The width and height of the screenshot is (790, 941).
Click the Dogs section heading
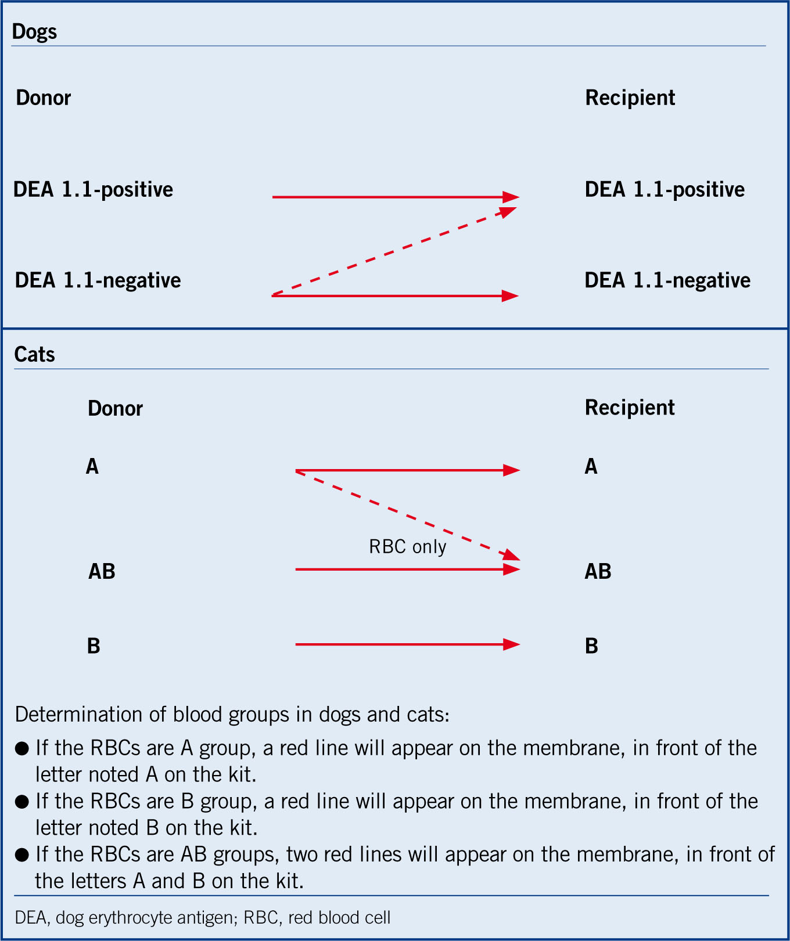pos(34,31)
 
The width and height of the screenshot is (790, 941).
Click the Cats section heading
pos(34,354)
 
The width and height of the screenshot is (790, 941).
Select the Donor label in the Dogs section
pos(44,98)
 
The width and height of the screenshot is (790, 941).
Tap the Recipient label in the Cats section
pos(630,408)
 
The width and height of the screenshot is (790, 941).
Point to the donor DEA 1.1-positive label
pos(93,189)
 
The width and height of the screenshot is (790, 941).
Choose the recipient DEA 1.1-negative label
pos(667,280)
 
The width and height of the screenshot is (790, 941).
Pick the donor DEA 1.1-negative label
pos(98,280)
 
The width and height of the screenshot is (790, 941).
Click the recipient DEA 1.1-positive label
pos(665,189)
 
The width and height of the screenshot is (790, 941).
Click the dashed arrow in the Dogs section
pos(394,251)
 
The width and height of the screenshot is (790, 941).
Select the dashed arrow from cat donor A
pos(408,515)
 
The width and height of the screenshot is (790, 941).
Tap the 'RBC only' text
pos(408,547)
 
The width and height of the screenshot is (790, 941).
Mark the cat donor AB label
pos(102,571)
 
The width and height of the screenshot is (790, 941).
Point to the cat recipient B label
pos(591,646)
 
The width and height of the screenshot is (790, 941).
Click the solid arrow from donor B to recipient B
pos(408,644)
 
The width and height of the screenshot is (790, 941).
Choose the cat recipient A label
pos(591,466)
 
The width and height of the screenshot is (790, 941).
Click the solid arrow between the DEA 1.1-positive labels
pos(396,197)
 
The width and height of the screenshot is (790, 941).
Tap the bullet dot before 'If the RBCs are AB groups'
pos(22,855)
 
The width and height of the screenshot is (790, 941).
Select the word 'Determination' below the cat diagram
pos(79,714)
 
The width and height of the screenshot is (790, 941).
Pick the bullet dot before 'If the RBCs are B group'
pos(22,802)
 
